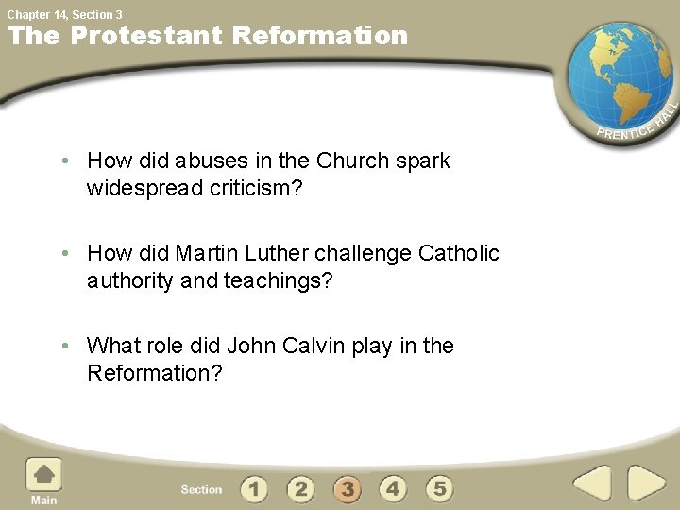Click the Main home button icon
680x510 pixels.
pyautogui.click(x=43, y=474)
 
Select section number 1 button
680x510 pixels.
pyautogui.click(x=254, y=489)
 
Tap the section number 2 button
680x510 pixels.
pyautogui.click(x=300, y=489)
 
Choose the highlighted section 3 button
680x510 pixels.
pyautogui.click(x=347, y=489)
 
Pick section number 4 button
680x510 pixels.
pyautogui.click(x=393, y=489)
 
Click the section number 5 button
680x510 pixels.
pyautogui.click(x=439, y=489)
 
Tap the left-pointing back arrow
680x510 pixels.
pyautogui.click(x=592, y=484)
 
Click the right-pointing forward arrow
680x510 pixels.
pyautogui.click(x=647, y=484)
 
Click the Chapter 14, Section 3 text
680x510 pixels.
pyautogui.click(x=64, y=14)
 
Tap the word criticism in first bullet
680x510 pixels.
pyautogui.click(x=256, y=188)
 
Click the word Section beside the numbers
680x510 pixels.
pyautogui.click(x=201, y=490)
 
